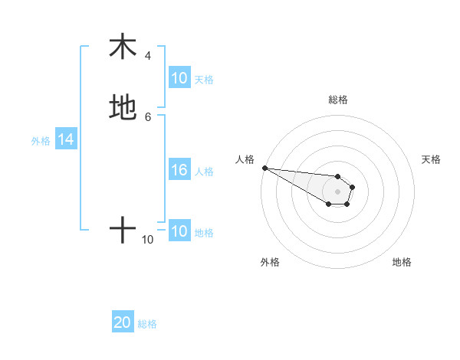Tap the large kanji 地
coord(123,107)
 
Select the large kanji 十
coord(123,229)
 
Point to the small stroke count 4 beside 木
coord(148,56)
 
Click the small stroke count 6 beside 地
coord(148,116)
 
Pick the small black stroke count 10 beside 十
coord(148,240)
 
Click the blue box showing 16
coord(179,171)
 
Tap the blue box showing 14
coord(66,140)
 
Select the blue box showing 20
coord(123,323)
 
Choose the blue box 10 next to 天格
coord(179,78)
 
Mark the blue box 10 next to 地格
coord(179,232)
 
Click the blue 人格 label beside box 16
coord(204,172)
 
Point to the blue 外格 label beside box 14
coord(41,141)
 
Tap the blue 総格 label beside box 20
coord(147,324)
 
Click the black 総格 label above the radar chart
coord(338,100)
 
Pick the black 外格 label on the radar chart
coord(270,262)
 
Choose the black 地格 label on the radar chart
coord(402,262)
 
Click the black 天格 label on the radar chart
coord(431,159)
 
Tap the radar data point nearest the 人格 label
coord(264,168)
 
